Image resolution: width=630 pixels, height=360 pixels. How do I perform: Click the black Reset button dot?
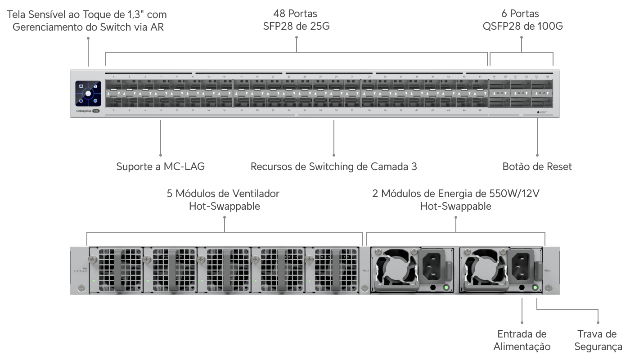(538, 112)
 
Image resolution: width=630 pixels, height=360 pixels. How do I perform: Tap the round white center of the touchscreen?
(88, 94)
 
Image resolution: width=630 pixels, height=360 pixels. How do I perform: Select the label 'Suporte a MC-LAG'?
(161, 166)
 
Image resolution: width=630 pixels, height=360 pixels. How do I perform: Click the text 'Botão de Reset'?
(537, 166)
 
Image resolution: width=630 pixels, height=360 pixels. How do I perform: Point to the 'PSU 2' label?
(547, 270)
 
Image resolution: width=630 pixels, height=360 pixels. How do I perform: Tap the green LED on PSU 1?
(446, 287)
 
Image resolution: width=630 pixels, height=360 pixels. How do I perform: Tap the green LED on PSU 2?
(535, 287)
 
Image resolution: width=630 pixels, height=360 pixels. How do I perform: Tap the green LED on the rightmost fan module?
(309, 281)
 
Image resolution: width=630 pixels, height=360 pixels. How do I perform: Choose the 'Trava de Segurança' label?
(598, 340)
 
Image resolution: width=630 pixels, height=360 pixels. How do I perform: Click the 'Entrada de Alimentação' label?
(522, 340)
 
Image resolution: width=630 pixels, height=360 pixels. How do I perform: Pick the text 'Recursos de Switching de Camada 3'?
(333, 166)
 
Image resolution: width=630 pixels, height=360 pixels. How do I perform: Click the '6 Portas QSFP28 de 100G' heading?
(522, 20)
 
